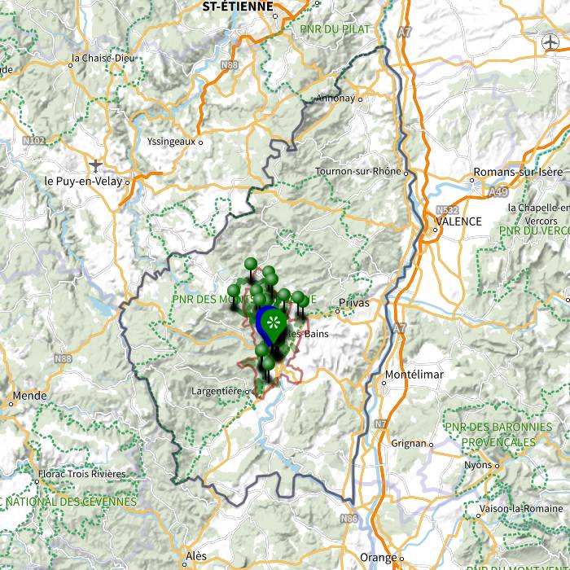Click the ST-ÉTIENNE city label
pyautogui.click(x=237, y=6)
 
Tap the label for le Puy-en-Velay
pyautogui.click(x=81, y=181)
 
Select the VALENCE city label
pyautogui.click(x=458, y=221)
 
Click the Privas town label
pyautogui.click(x=354, y=302)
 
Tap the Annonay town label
pyautogui.click(x=335, y=99)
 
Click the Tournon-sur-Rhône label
pyautogui.click(x=358, y=172)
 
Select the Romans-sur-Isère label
pyautogui.click(x=517, y=173)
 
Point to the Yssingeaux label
pyautogui.click(x=171, y=141)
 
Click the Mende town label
pyautogui.click(x=29, y=395)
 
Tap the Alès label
pyautogui.click(x=195, y=556)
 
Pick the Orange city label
pyautogui.click(x=378, y=558)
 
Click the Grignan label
pyautogui.click(x=408, y=444)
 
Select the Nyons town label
pyautogui.click(x=478, y=465)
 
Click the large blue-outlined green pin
pyautogui.click(x=270, y=323)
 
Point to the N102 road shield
pyautogui.click(x=34, y=140)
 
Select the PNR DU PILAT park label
pyautogui.click(x=335, y=29)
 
